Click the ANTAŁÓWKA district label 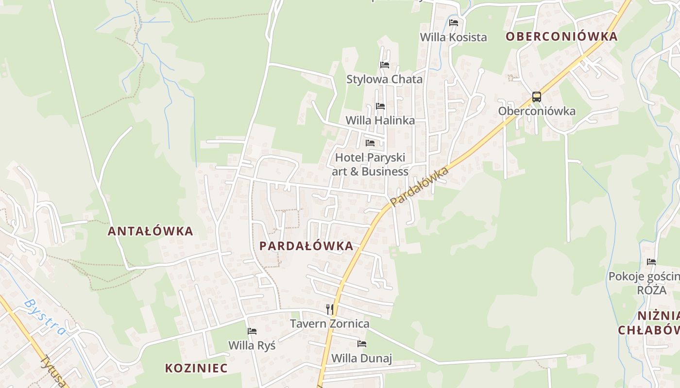[x=150, y=231]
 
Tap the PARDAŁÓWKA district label [x=306, y=246]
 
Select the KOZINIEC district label [x=196, y=368]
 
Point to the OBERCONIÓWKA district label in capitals [x=561, y=36]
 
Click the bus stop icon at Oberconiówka [x=536, y=97]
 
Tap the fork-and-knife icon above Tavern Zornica [x=330, y=309]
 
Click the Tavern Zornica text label [x=330, y=323]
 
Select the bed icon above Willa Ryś [x=252, y=331]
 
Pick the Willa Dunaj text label [x=361, y=358]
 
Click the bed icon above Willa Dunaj [x=362, y=344]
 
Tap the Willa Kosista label [x=453, y=37]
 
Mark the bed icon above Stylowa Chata [x=385, y=65]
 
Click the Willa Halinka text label [x=380, y=120]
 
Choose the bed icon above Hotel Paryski [x=370, y=143]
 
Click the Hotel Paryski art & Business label [x=370, y=164]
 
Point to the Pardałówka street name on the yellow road [x=419, y=186]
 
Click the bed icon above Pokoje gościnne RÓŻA [x=651, y=262]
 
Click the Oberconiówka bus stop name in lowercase [x=537, y=111]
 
